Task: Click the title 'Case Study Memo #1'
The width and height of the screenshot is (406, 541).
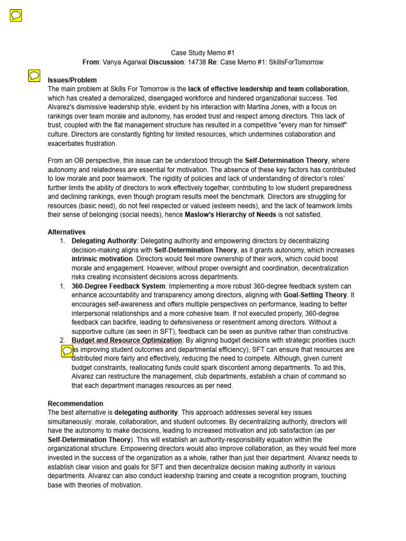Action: coord(202,53)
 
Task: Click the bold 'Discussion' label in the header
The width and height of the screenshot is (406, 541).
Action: coord(166,62)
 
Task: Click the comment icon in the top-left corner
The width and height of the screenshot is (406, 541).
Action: coord(16,16)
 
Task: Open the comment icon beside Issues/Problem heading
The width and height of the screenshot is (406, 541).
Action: coord(34,76)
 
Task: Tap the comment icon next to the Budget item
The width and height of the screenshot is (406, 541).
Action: coord(67,350)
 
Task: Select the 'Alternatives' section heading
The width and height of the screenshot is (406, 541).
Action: coord(67,232)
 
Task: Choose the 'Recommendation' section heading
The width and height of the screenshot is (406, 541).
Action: coord(76,403)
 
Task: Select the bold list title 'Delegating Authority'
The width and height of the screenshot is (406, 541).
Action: coord(104,241)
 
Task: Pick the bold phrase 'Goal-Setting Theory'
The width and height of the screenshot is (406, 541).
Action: coord(315,295)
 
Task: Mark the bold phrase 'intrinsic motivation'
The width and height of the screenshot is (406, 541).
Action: coord(102,259)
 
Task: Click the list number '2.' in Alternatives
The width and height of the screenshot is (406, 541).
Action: coord(62,340)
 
